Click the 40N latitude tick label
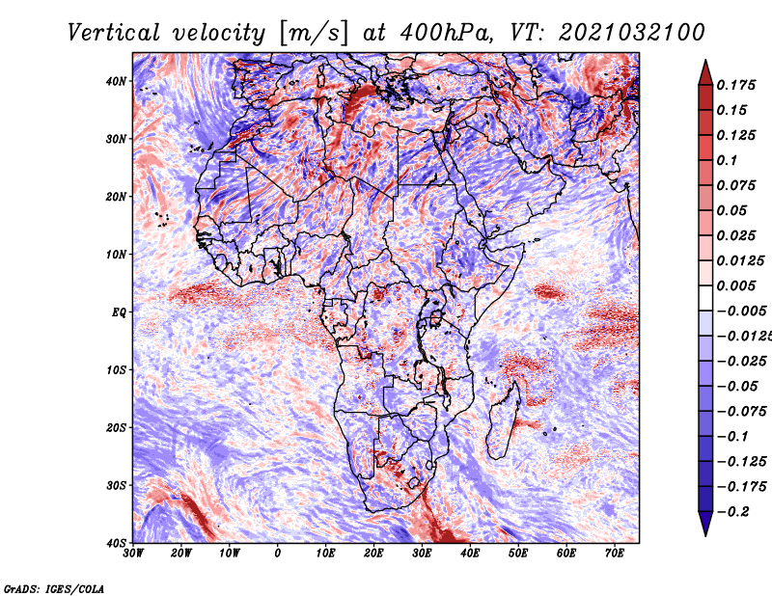116,81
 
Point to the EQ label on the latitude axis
119,312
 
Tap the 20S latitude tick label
116,427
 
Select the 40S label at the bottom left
116,543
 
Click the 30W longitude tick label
133,554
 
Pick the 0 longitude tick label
278,554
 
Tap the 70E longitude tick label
615,554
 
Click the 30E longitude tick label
422,554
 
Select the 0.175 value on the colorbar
736,85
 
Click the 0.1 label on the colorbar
728,160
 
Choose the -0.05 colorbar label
736,387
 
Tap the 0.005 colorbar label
736,285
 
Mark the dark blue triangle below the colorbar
705,524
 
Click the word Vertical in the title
114,33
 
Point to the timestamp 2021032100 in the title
632,33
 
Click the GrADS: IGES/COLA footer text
54,588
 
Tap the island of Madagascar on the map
503,423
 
